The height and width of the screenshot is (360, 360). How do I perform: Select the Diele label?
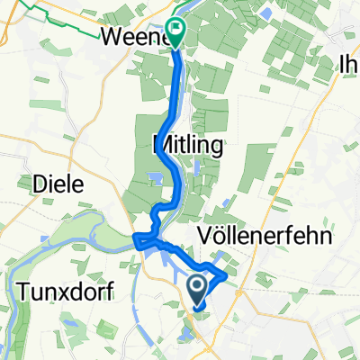(x=58, y=184)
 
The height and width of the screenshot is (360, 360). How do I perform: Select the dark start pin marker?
(x=198, y=290)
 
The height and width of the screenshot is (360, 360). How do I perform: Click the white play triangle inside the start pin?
(x=198, y=286)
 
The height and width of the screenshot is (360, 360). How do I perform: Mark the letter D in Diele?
(x=40, y=184)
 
